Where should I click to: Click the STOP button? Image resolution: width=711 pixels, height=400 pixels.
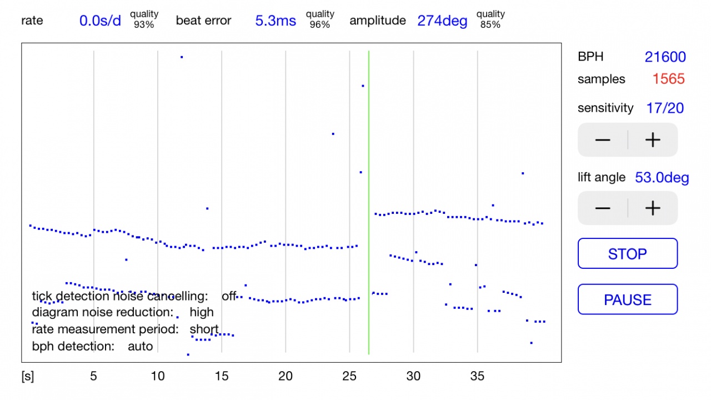tap(628, 254)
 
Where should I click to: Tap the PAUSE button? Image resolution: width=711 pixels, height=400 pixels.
tap(628, 300)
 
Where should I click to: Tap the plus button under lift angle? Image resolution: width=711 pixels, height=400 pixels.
tap(653, 208)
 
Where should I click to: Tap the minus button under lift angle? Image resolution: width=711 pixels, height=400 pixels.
tap(603, 208)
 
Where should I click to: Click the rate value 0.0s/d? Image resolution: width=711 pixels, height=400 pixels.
tap(100, 21)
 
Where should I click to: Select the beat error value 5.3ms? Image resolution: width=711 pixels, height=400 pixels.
tap(276, 21)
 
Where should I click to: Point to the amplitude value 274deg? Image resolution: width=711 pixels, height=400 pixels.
tap(442, 21)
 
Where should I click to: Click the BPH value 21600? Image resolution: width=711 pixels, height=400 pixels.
tap(665, 57)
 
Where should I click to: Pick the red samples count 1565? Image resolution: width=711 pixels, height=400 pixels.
tap(668, 79)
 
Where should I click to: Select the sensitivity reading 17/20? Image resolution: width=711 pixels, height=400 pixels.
tap(665, 108)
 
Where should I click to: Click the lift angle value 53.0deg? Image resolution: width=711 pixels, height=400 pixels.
tap(662, 178)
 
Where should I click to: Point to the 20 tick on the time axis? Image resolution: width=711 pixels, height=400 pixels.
tap(286, 376)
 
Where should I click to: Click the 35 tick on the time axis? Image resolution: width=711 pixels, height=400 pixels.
tap(477, 376)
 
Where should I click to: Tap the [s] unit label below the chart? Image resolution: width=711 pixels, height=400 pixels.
tap(28, 376)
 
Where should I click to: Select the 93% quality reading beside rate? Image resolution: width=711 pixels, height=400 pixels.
tap(144, 24)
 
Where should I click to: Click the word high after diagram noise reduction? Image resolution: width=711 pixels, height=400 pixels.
tap(202, 312)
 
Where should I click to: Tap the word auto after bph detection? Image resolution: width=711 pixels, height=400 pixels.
tap(140, 346)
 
